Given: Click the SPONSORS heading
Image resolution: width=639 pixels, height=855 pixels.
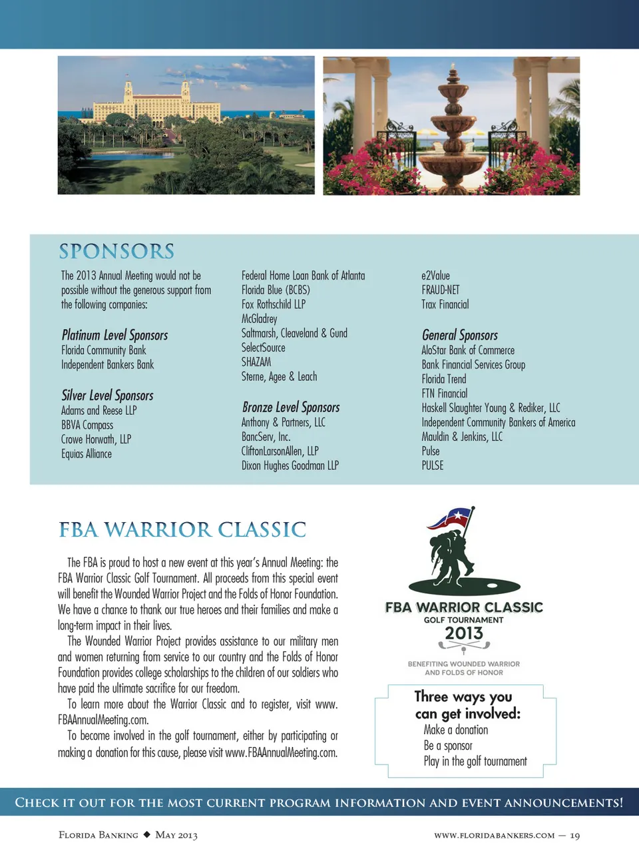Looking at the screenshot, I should pos(116,251).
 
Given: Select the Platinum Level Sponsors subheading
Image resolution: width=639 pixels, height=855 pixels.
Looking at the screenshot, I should pos(114,335).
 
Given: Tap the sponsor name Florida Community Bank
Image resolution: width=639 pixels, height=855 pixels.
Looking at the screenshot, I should pos(103,350).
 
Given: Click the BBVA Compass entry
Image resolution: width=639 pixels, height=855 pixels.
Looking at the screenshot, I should pos(87,425).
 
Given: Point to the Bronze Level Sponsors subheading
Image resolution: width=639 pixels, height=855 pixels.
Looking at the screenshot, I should pos(291,407).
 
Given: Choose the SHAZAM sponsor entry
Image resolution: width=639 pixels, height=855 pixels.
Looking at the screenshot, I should pos(256,362).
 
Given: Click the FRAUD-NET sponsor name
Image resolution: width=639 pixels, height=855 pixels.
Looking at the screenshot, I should pos(440,290).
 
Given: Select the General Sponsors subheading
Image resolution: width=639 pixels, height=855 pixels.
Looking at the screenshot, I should pos(460,335).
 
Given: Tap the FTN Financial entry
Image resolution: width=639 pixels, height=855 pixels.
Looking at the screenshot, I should pos(445,394).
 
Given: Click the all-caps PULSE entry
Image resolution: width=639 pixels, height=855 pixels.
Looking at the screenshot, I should pos(433,465).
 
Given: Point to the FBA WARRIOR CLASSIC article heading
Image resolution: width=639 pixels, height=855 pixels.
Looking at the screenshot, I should pos(182,530).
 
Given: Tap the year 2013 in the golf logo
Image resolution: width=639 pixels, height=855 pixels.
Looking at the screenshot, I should pos(464,633).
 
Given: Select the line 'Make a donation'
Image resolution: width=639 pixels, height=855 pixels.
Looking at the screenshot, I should pos(456,730).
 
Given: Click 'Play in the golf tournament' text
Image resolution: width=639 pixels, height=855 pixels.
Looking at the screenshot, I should pos(475,761).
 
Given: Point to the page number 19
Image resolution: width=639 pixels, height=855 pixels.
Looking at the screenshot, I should pos(575,836).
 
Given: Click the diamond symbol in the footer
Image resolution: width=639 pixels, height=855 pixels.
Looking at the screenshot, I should pos(147,834).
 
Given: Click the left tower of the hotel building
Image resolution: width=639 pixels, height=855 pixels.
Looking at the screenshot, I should pos(128,89).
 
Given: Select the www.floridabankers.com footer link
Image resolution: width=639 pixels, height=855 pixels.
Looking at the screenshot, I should pos(494,836).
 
